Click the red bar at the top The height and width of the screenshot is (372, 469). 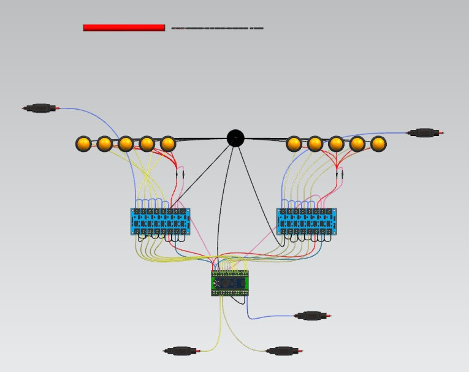click(x=124, y=28)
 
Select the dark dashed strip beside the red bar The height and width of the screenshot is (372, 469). click(x=217, y=28)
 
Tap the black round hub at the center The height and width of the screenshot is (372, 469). click(x=235, y=139)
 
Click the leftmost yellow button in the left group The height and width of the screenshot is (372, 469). click(x=83, y=144)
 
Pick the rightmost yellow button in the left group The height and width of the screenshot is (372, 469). click(x=167, y=144)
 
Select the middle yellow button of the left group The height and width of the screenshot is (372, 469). click(x=126, y=144)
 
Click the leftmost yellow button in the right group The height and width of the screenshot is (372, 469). click(x=294, y=144)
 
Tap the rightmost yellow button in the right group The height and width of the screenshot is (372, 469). click(x=378, y=144)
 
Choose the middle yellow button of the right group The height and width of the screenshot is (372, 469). click(x=336, y=144)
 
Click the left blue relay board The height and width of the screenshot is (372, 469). click(x=160, y=221)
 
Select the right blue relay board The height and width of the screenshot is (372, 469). click(x=307, y=221)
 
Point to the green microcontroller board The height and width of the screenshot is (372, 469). click(x=230, y=283)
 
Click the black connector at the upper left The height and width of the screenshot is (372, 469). click(x=40, y=108)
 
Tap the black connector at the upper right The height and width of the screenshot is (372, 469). click(x=425, y=132)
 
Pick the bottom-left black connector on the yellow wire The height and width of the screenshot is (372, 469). click(x=181, y=351)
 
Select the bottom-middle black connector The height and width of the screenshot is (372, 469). click(x=283, y=351)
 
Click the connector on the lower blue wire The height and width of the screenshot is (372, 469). click(x=312, y=316)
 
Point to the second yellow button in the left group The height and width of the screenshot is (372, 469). click(x=105, y=144)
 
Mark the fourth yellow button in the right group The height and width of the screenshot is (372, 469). click(x=357, y=144)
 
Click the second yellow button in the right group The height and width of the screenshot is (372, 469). click(x=315, y=144)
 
